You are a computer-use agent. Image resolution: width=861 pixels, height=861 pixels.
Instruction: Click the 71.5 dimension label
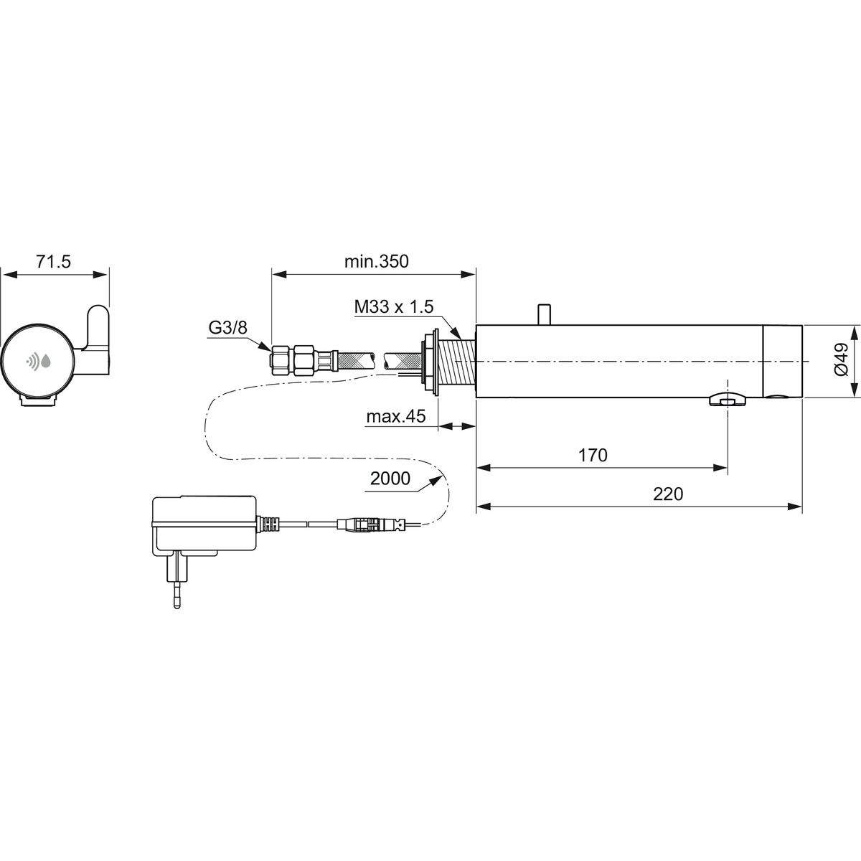pos(53,261)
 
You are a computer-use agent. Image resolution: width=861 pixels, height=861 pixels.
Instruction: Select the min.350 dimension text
pos(376,261)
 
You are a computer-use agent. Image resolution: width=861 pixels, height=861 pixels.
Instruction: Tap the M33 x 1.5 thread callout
pos(394,307)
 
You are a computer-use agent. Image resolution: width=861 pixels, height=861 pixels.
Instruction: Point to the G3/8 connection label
pos(227,328)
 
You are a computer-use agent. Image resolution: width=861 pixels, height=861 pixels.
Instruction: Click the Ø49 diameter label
pos(840,359)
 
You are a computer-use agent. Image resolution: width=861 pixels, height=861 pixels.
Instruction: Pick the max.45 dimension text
pos(396,416)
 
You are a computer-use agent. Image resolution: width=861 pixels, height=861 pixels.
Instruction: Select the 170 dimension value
pos(593,456)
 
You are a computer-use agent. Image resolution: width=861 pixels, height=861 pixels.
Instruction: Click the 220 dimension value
pos(668,494)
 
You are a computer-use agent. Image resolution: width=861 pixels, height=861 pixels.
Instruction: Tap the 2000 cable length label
pos(390,479)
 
